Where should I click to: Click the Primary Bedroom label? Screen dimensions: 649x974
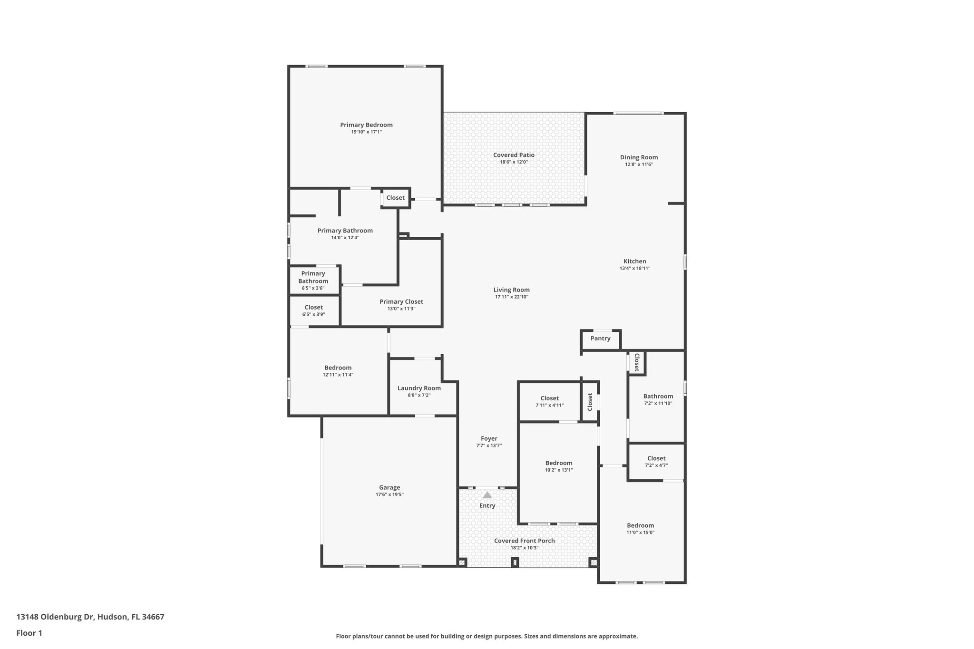click(366, 125)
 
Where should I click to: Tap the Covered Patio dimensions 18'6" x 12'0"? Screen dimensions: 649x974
click(514, 162)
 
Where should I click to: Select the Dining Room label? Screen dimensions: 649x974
click(639, 157)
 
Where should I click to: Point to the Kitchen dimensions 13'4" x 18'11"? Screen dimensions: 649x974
click(634, 268)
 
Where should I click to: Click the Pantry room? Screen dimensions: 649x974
click(600, 339)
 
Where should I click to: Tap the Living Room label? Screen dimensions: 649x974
click(511, 290)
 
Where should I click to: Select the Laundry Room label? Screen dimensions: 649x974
click(419, 388)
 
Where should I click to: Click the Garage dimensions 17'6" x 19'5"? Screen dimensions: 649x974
click(390, 494)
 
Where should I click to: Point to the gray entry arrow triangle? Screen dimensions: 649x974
click(487, 495)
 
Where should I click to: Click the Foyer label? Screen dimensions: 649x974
click(489, 439)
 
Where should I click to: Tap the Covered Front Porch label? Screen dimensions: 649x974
click(524, 541)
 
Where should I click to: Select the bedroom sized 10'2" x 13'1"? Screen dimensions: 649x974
click(558, 466)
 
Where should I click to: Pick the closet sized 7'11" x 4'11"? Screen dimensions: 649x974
click(549, 401)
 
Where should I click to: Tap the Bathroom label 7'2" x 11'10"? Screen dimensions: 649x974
click(658, 397)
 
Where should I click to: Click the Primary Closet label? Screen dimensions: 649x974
click(401, 302)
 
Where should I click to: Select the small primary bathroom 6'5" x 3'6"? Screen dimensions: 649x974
click(313, 280)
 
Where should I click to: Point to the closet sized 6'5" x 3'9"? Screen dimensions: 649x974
click(313, 310)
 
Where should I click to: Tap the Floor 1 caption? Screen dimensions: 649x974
click(29, 633)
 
